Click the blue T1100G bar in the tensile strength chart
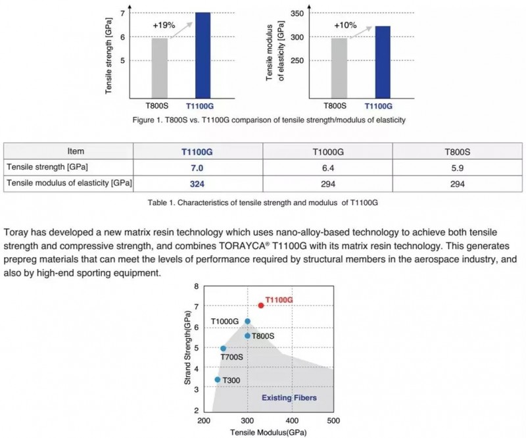(x=203, y=55)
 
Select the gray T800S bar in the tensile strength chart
(x=159, y=68)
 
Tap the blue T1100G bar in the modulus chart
(x=383, y=62)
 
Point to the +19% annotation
(x=164, y=25)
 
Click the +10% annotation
(x=345, y=25)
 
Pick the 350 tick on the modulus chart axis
(x=297, y=13)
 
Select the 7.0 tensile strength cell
(x=197, y=168)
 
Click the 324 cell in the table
(x=197, y=184)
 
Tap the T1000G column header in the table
(x=328, y=152)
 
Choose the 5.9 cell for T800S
(x=457, y=168)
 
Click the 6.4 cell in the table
(x=327, y=168)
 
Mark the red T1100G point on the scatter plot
(x=261, y=305)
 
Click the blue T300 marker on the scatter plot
(x=218, y=379)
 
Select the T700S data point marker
(x=223, y=349)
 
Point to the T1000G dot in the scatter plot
(x=248, y=321)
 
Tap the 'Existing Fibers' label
(x=289, y=398)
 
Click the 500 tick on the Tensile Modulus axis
(x=333, y=420)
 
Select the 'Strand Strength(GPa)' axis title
(x=187, y=348)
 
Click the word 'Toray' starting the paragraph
(x=16, y=233)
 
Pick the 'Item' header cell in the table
(x=76, y=151)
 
